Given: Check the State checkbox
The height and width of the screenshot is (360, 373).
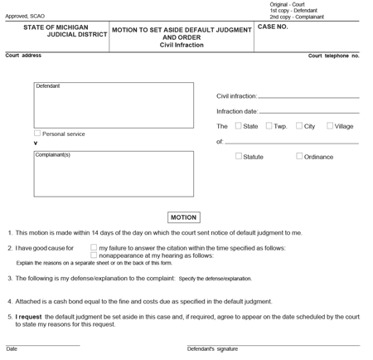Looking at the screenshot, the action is (x=239, y=126).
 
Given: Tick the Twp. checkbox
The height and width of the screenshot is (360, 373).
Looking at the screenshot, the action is (x=269, y=126).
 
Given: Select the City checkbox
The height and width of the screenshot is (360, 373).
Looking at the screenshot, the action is (x=299, y=126).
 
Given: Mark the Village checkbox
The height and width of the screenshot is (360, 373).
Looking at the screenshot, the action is (x=330, y=126).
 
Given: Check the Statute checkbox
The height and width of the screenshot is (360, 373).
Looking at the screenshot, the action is (x=239, y=156).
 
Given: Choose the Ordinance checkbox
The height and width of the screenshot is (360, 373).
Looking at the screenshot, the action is (x=299, y=156).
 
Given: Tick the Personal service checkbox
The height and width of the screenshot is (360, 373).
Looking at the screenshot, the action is (x=37, y=133).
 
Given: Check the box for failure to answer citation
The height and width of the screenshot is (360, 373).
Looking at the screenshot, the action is (x=94, y=247).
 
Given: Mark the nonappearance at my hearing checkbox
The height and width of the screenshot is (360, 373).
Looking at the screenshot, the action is (x=94, y=255).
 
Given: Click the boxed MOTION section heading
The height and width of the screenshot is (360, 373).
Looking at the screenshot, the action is (x=183, y=217).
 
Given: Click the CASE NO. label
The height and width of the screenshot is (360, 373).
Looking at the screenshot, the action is (x=273, y=27).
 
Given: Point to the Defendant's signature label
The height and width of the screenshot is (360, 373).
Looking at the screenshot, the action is (x=213, y=349).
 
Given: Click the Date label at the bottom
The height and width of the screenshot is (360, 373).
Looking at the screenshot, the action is (x=12, y=349).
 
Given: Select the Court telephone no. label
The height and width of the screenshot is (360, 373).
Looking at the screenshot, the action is (x=333, y=56).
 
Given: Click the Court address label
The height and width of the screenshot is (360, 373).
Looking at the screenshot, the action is (x=24, y=56).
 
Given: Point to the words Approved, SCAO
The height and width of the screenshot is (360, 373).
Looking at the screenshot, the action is (x=26, y=16).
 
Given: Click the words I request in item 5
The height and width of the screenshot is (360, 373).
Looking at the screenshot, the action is (x=29, y=316).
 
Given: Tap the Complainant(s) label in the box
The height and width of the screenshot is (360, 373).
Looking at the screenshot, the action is (x=52, y=155).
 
